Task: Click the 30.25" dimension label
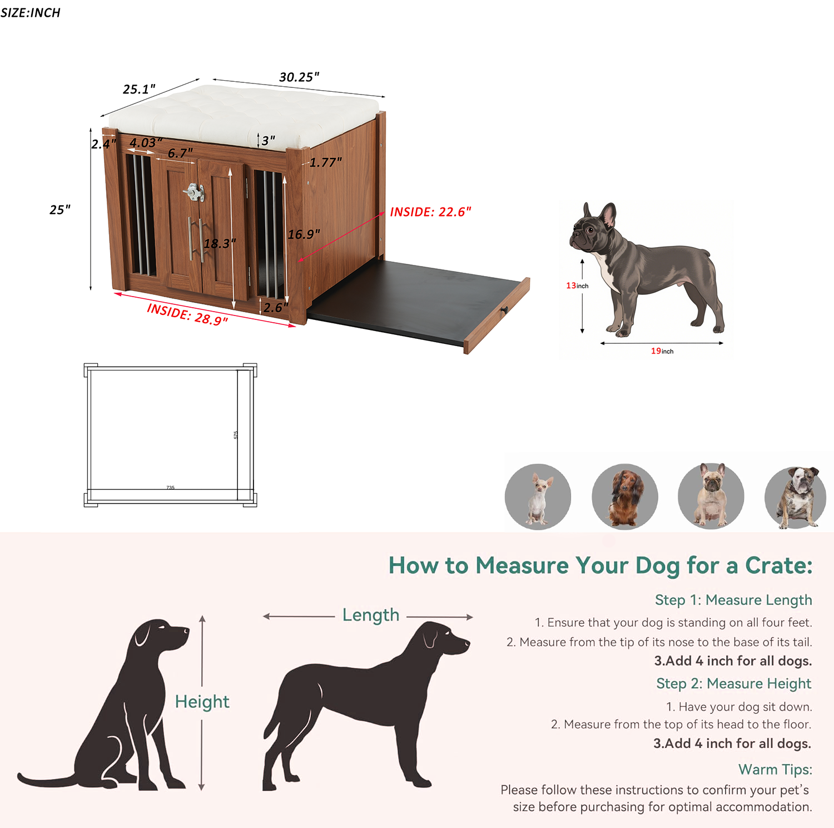299,77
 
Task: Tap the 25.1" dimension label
139,89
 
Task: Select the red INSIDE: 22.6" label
430,212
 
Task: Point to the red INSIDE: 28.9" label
187,314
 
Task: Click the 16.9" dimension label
304,234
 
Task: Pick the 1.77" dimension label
325,162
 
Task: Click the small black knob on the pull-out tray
504,310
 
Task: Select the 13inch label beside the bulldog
577,285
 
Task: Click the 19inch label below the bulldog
662,351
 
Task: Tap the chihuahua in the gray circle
538,497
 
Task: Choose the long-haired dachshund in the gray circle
625,497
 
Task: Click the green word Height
202,702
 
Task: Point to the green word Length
370,615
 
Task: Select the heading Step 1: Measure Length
733,600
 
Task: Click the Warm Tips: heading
775,770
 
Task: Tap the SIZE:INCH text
31,12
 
